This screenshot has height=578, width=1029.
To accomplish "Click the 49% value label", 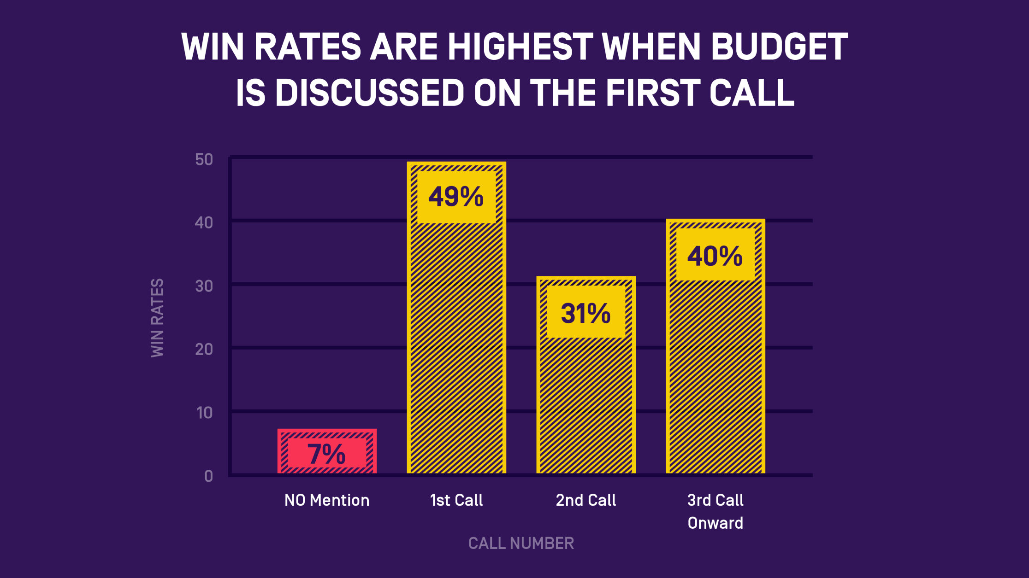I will [x=456, y=197].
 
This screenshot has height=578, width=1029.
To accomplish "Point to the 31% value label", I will [x=585, y=313].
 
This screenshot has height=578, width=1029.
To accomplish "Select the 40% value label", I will [x=715, y=256].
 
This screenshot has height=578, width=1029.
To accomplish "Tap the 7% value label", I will [x=326, y=454].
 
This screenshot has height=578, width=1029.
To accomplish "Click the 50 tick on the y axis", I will [x=204, y=159].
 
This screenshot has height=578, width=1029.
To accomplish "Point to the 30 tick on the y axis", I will [x=204, y=286].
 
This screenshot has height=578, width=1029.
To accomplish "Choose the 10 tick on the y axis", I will [x=204, y=413].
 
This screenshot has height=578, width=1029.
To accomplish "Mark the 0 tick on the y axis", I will [x=208, y=476].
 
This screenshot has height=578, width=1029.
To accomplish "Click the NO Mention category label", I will [x=327, y=500].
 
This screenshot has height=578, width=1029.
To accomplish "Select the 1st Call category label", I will [x=456, y=500].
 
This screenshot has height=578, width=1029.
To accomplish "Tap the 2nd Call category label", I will [x=586, y=500].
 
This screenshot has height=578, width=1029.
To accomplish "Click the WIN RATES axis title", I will [x=157, y=317].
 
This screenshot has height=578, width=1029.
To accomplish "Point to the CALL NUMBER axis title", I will [x=521, y=543].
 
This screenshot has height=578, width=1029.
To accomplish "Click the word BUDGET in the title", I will [x=779, y=47].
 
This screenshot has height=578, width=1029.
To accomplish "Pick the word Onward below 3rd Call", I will [x=716, y=523].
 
